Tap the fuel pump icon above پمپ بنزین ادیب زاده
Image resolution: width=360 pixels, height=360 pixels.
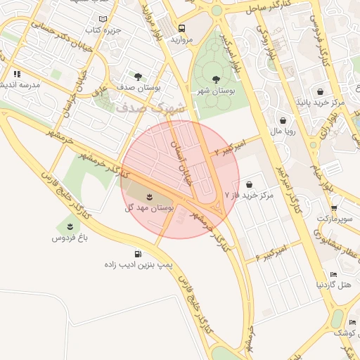(x=136, y=255)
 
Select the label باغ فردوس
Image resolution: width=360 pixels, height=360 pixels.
(x=69, y=238)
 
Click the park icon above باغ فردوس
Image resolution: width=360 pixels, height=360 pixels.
(x=69, y=225)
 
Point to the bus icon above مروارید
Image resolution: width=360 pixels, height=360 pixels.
(x=182, y=29)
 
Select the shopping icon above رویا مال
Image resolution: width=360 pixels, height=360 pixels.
(x=283, y=120)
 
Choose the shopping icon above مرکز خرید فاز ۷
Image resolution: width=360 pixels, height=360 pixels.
(x=249, y=184)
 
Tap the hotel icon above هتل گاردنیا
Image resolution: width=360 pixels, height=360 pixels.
(x=333, y=274)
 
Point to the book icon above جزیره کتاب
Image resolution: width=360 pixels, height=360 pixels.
(x=104, y=18)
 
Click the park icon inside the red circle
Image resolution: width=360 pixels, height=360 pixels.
(x=149, y=195)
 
